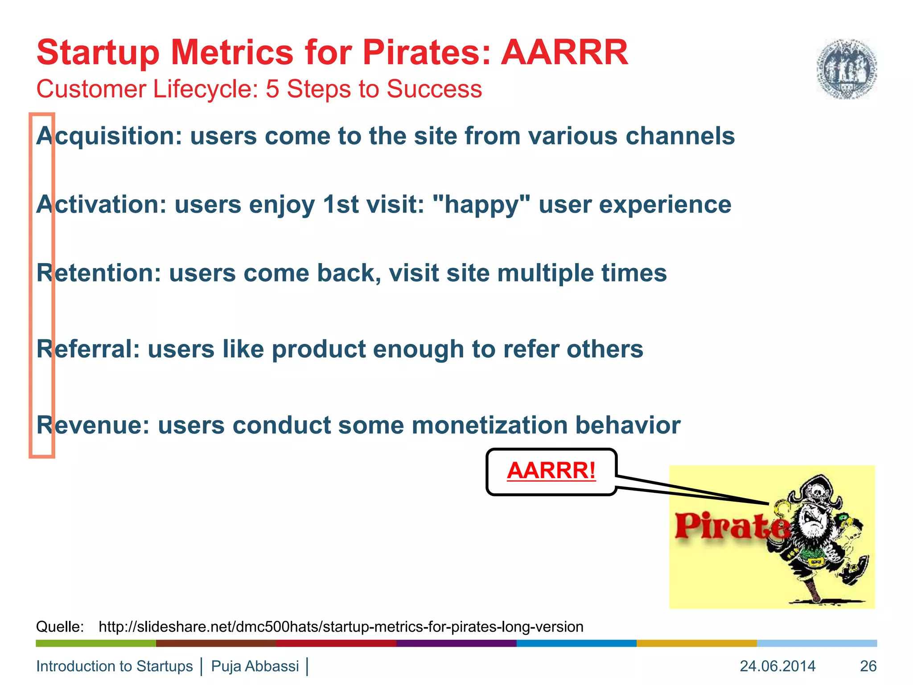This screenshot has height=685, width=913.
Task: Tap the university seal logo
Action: (846, 69)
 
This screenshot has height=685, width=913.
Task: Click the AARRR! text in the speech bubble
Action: (551, 471)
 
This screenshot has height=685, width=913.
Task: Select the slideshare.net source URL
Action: (341, 627)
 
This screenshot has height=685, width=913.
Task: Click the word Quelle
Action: (60, 627)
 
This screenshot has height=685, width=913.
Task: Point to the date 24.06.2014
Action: (777, 666)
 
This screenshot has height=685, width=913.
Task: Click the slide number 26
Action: (868, 666)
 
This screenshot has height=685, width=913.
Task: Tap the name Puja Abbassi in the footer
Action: (255, 666)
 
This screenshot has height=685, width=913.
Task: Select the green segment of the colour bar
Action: (96, 643)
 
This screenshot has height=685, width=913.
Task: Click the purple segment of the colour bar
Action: (456, 643)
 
